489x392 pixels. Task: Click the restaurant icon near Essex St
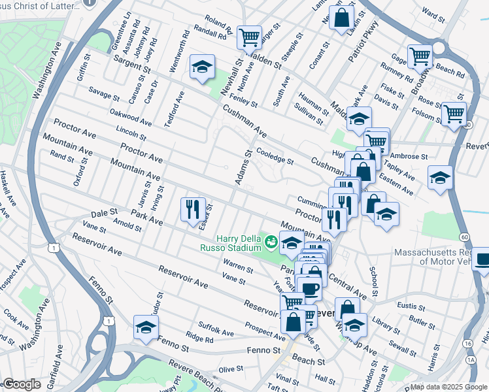(193, 210)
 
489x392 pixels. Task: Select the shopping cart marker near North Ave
(249, 37)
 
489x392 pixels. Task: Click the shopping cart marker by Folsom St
(453, 114)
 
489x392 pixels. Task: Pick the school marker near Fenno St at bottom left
(146, 327)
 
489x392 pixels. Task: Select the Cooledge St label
(275, 155)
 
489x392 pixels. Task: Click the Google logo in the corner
(22, 384)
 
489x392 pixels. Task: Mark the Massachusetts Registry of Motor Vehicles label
(440, 257)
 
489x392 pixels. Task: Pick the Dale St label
(104, 213)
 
